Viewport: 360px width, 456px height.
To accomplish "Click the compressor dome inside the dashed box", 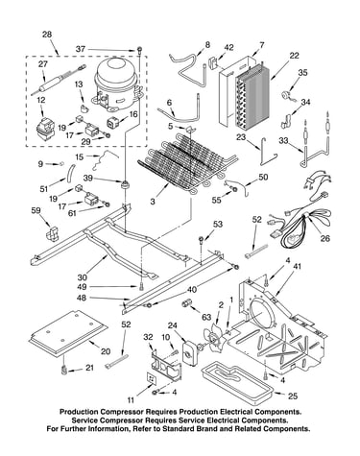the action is [x=116, y=84].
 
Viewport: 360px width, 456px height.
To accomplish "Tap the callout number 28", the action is [x=47, y=35].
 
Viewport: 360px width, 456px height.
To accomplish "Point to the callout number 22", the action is [x=294, y=56].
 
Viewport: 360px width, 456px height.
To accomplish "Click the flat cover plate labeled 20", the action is [x=68, y=333].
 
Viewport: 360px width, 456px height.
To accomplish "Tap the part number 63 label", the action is [x=206, y=317].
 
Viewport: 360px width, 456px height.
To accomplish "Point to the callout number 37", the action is [x=81, y=49].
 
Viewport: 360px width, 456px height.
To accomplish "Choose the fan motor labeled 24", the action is [x=190, y=353].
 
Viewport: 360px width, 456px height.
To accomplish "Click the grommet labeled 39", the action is [x=124, y=185].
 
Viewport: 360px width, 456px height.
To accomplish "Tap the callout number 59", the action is [x=36, y=210].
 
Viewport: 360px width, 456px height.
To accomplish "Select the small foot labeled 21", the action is [x=63, y=369].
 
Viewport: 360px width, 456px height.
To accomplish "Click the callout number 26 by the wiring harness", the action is [x=324, y=238].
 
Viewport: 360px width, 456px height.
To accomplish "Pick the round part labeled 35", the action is [x=285, y=96].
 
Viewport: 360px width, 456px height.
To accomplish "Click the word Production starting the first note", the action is [x=79, y=412].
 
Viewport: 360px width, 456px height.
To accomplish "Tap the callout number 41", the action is [x=297, y=267].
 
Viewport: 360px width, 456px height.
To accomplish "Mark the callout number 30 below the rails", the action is [x=82, y=276].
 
